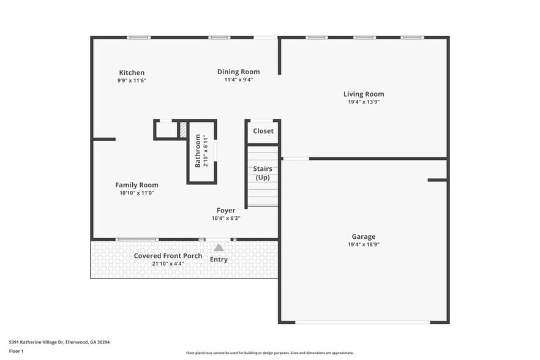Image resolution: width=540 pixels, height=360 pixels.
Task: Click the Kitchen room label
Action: tap(132, 73)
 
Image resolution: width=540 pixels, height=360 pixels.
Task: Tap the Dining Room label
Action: tap(238, 72)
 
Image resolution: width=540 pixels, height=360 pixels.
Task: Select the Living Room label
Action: tap(364, 94)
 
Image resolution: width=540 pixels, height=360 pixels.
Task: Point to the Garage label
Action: tap(364, 237)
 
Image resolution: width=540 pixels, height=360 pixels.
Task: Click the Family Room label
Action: tap(137, 185)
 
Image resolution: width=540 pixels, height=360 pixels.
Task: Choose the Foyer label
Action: tap(226, 211)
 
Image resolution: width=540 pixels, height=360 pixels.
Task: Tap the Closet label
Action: tap(263, 131)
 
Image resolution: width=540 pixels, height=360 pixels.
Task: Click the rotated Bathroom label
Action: tap(198, 151)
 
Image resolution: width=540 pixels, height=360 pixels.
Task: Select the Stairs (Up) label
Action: tap(263, 173)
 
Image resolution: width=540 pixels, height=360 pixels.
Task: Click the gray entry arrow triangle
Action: tap(219, 247)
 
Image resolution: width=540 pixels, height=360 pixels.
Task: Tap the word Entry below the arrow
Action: tap(219, 260)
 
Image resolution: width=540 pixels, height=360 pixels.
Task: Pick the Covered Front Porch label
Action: tap(168, 256)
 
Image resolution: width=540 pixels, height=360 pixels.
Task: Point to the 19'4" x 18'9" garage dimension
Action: tap(364, 244)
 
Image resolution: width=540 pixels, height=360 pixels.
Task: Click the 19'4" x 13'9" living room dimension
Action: tap(364, 102)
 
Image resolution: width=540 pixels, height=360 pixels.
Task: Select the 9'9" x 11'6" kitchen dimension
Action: tap(132, 80)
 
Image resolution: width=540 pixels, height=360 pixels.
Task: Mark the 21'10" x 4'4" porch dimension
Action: tap(168, 264)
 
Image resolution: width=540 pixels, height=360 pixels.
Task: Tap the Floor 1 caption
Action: tap(16, 351)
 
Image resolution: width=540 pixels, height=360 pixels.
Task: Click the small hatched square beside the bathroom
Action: tap(182, 130)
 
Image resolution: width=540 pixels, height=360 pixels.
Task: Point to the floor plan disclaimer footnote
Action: tap(269, 353)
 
